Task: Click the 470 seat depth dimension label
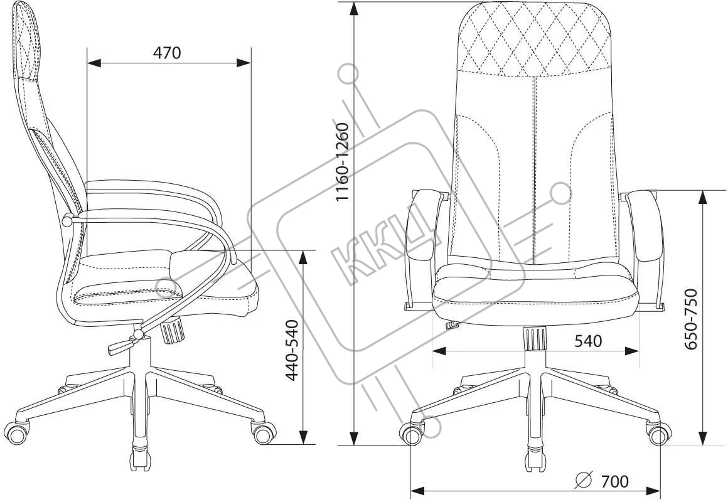click(167, 53)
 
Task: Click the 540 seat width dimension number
click(588, 341)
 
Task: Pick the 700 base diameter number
click(614, 481)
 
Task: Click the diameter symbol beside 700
click(584, 481)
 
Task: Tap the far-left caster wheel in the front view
click(412, 434)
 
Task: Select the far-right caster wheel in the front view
click(658, 434)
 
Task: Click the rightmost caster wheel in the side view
click(264, 432)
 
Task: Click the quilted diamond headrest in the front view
click(534, 39)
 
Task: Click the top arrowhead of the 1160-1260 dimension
click(355, 9)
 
